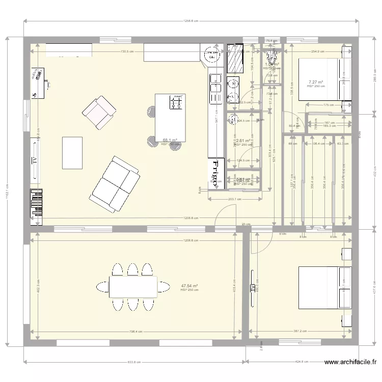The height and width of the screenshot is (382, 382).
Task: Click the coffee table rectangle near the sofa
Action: point(72,152)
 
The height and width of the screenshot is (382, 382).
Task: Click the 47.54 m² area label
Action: point(189,286)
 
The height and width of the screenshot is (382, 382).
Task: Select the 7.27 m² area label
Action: point(316,82)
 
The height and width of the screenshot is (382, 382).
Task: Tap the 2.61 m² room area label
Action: point(242,141)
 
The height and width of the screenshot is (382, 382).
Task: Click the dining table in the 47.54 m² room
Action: point(133,287)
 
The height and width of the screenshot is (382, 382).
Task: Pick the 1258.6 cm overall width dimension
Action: point(190,21)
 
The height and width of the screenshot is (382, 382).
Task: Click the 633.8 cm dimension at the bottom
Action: point(134,362)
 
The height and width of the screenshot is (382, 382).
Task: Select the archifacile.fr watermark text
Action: point(350,363)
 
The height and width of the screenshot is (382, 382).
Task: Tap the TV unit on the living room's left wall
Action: point(36,161)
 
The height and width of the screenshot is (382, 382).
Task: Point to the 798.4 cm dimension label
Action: point(135,332)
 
